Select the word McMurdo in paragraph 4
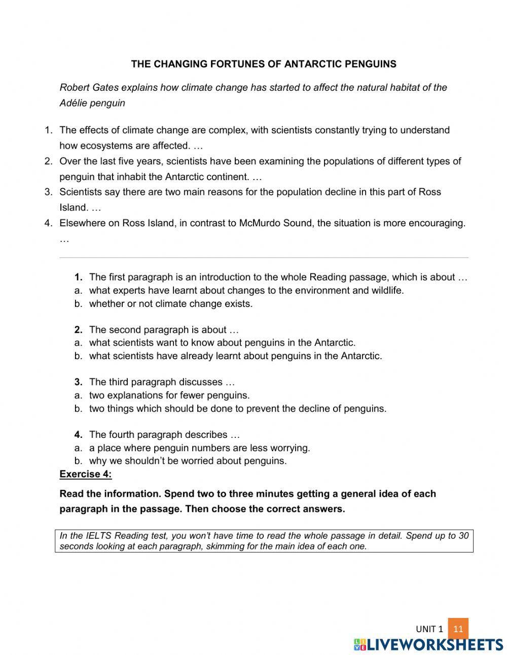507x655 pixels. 256,223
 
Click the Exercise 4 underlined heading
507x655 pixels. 85,474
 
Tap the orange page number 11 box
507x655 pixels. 458,629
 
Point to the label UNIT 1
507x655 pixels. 429,629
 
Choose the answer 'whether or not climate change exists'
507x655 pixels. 170,303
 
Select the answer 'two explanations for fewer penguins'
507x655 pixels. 169,395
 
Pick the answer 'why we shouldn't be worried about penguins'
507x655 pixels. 188,461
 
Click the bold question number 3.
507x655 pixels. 78,382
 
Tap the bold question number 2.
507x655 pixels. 78,330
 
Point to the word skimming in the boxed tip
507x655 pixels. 224,546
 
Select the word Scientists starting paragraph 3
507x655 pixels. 81,192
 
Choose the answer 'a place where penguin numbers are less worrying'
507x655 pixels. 199,448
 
